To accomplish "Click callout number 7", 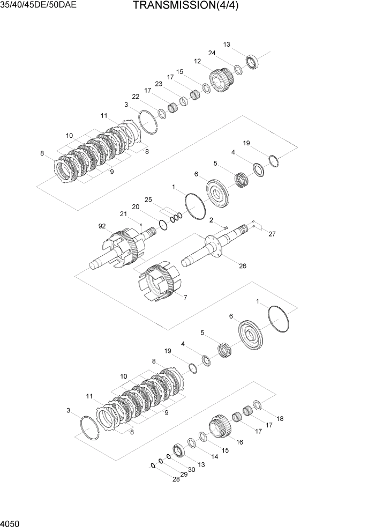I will point(185,298).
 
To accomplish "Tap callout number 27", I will point(272,234).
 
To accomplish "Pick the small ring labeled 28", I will point(153,465).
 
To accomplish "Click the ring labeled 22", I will point(161,113).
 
